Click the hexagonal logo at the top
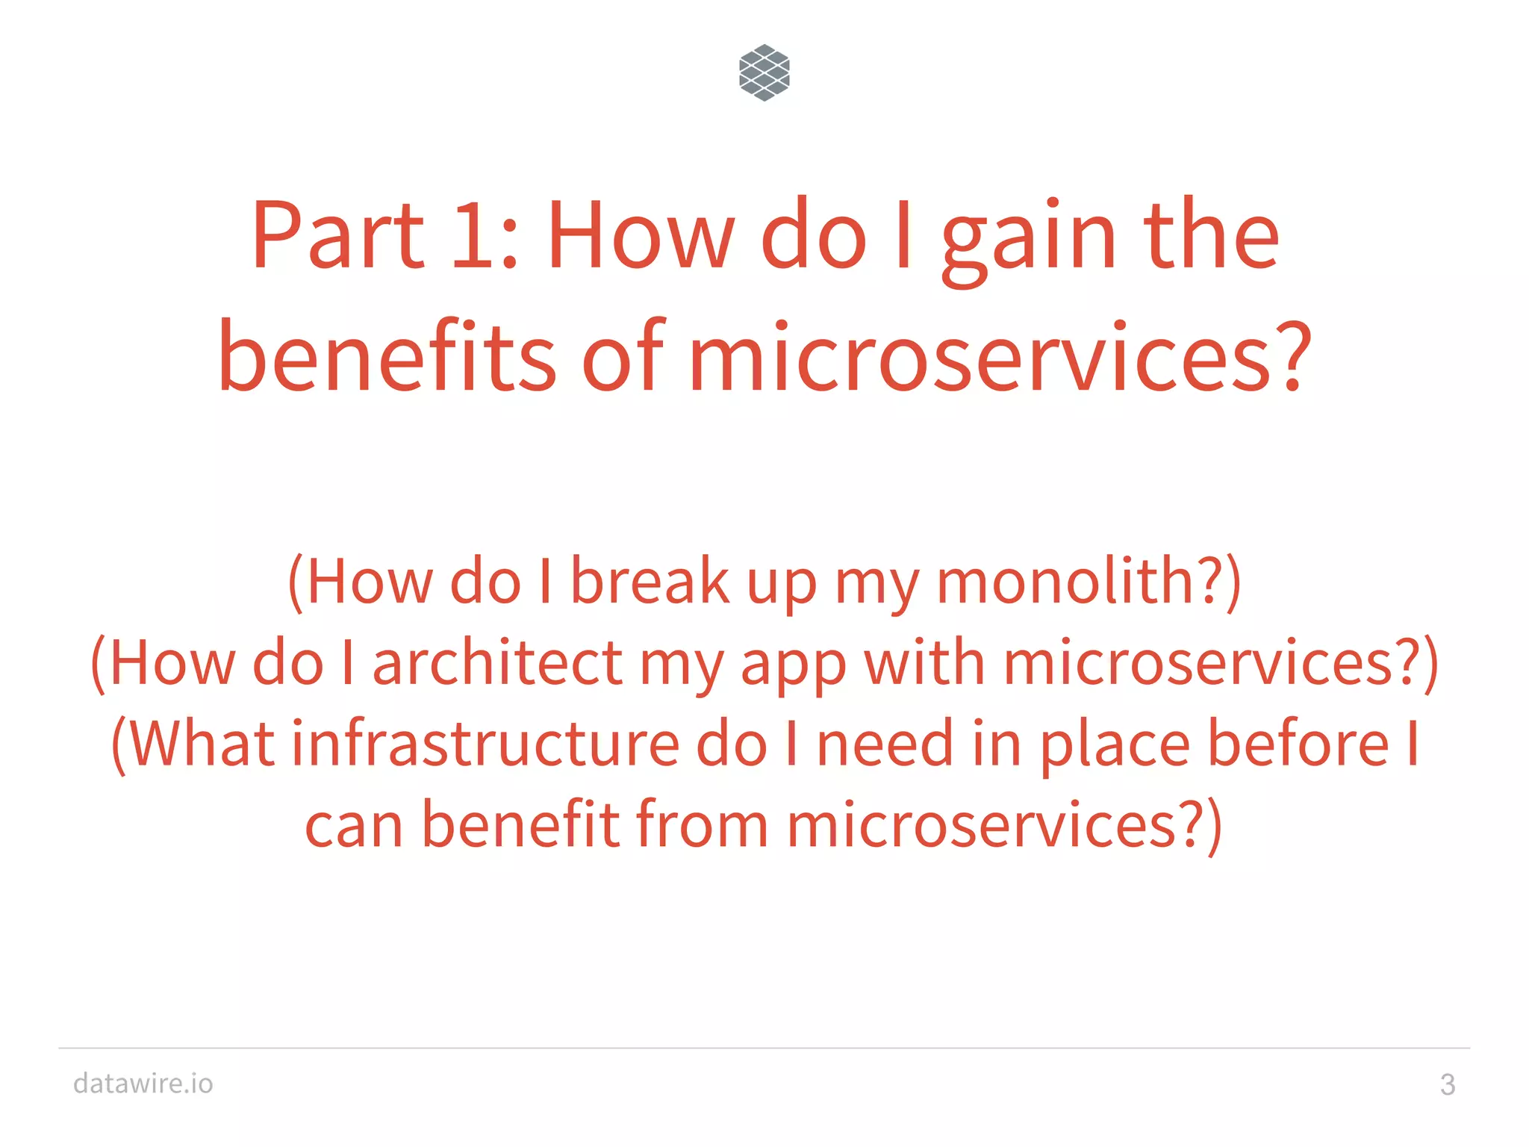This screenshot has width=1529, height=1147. click(764, 72)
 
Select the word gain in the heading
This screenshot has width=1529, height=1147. click(1030, 239)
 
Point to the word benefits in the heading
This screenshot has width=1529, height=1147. click(387, 357)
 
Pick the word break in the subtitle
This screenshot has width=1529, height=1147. click(650, 582)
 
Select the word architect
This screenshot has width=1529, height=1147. click(496, 663)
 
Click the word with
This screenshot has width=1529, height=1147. click(924, 663)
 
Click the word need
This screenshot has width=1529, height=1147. click(885, 744)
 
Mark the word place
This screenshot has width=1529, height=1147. click(1115, 747)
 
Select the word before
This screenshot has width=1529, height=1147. click(1298, 744)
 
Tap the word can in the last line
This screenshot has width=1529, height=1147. click(354, 827)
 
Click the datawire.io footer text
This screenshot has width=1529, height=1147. click(143, 1084)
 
